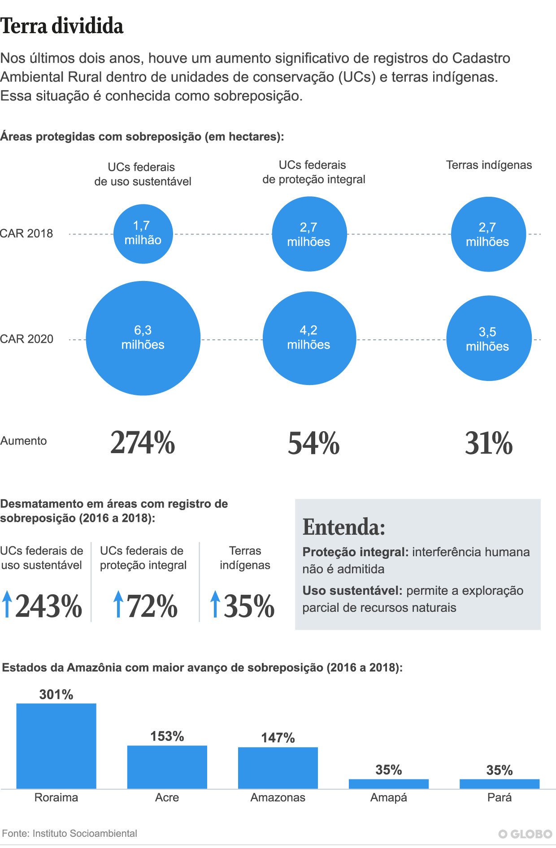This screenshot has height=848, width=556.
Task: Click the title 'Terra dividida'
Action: point(62,26)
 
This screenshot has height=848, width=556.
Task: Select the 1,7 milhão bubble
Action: point(143,234)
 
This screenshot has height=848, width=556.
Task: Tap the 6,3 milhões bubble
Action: point(143,338)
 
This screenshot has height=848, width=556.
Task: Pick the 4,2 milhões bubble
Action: point(309,338)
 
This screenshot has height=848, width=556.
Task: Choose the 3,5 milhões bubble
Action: point(489,338)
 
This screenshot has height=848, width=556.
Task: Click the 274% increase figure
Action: point(143,443)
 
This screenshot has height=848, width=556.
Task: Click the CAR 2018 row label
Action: point(26,234)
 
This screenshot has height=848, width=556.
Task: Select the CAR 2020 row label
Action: point(26,339)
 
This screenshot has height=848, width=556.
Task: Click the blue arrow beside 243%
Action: point(7,604)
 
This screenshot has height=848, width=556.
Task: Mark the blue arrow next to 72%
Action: point(118,604)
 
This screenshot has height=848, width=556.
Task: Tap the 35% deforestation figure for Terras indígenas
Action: point(249,606)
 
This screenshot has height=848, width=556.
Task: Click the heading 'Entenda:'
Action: point(344,527)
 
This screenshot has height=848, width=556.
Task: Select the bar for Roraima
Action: point(56,746)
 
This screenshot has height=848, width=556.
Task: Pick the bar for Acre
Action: point(167,767)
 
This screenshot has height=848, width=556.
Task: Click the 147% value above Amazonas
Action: point(278,738)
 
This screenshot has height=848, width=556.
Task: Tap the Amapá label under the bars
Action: point(389,798)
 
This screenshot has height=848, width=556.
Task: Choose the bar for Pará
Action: point(500,784)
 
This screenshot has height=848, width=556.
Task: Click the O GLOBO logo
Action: point(525,834)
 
